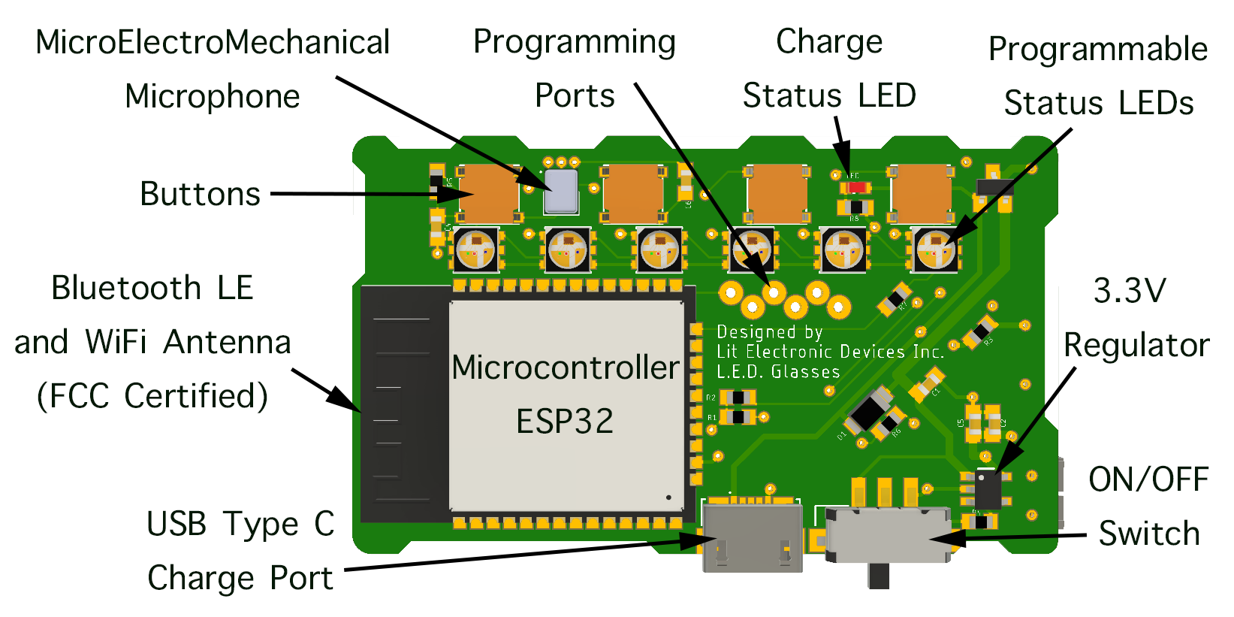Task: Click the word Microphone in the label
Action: coord(213,96)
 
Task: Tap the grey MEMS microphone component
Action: coord(561,191)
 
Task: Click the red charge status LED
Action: coord(855,187)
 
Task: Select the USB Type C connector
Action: coord(752,538)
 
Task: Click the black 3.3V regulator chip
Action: coord(988,488)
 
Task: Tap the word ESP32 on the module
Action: coord(565,421)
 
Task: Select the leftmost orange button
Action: coord(488,193)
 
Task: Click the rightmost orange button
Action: coord(921,193)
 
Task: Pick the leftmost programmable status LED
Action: coord(475,250)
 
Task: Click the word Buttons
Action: coord(200,194)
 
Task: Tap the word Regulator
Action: coord(1136,346)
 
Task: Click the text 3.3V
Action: coord(1130,290)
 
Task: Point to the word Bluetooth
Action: coord(126,289)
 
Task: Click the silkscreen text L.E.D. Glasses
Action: coord(778,372)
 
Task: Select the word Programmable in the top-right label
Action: coord(1097,50)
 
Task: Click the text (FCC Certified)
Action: coord(152,396)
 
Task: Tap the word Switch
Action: coord(1148,534)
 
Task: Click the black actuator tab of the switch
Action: coord(879,576)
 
